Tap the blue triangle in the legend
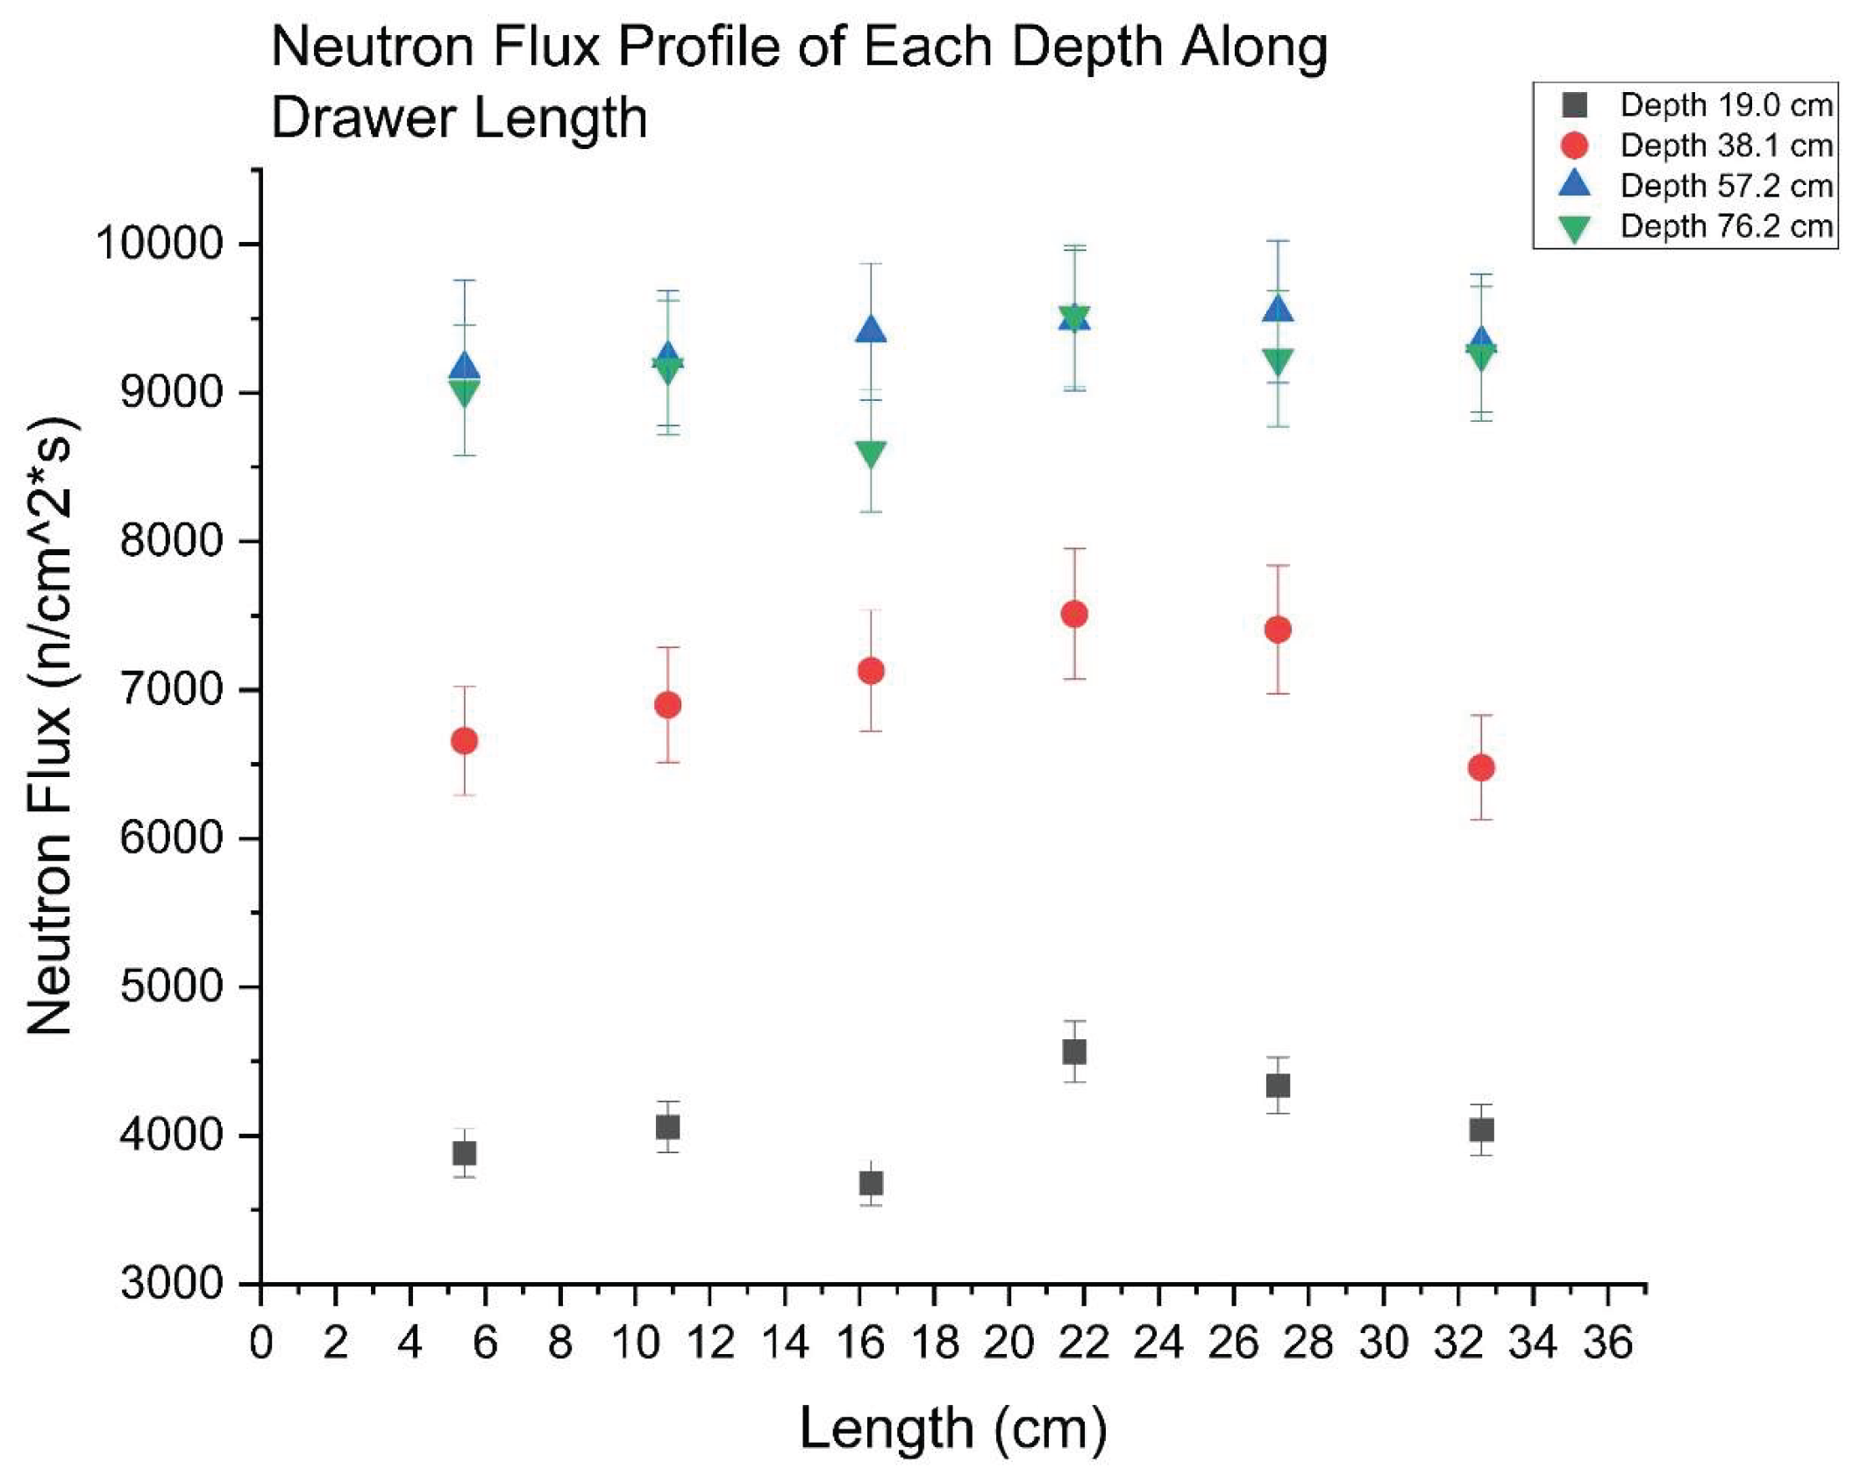coord(1575,184)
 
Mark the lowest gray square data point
coord(870,1184)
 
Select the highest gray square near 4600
coord(1073,1052)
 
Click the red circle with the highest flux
coord(1073,614)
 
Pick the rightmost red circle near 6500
coord(1480,768)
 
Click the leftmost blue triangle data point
coord(464,367)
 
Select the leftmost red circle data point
coord(464,741)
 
